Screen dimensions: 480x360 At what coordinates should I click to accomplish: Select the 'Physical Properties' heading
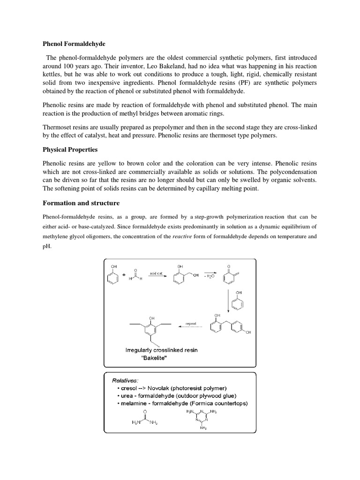[x=70, y=150]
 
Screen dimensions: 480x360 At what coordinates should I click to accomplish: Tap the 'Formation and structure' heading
[x=81, y=203]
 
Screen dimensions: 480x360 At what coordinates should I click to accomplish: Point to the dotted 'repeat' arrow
[x=191, y=327]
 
